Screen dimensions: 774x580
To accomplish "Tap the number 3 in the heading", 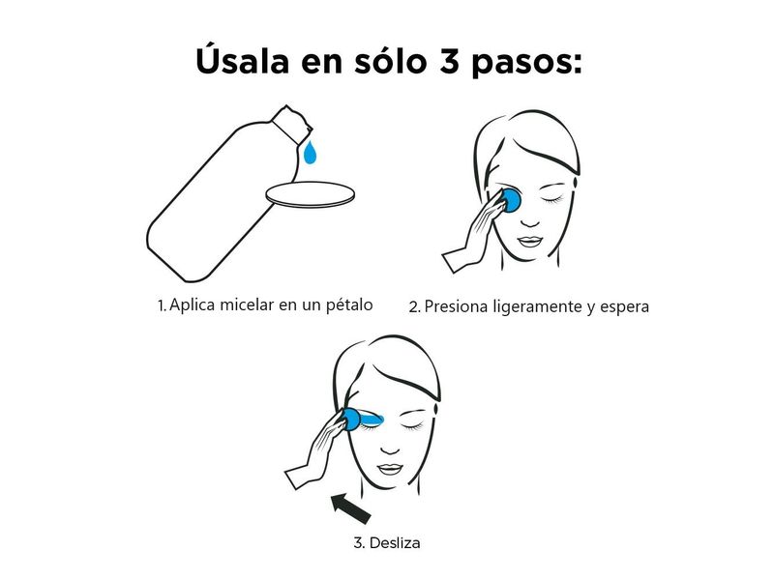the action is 449,61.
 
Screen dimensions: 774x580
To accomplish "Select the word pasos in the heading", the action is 526,64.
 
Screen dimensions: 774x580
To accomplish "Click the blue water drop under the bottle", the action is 310,152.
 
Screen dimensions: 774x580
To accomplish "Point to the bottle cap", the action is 292,123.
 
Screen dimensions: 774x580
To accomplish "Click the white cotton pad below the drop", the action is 310,194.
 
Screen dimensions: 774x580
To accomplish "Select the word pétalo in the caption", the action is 349,305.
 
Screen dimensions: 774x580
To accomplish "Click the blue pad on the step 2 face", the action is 510,200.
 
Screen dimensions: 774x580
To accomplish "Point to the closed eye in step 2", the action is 552,199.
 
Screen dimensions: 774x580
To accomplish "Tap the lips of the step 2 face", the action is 530,242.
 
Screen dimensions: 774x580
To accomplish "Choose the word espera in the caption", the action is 624,307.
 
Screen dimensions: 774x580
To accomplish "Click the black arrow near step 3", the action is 351,508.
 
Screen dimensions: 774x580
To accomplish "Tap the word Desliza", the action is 395,543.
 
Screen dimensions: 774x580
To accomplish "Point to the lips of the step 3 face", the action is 391,469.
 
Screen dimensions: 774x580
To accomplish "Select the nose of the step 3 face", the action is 391,448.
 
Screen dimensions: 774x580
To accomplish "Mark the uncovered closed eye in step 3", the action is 412,425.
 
